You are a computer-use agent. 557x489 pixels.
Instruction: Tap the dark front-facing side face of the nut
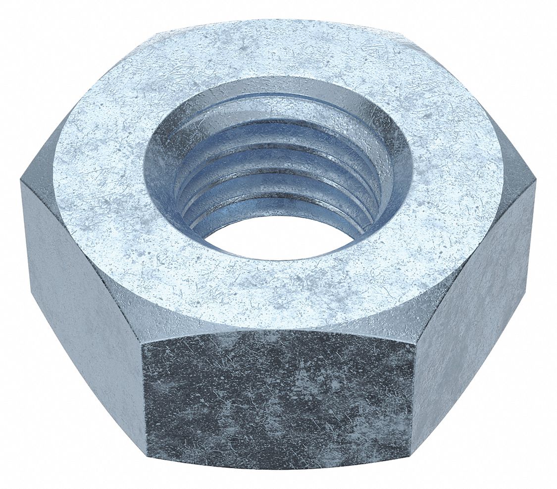click(277, 397)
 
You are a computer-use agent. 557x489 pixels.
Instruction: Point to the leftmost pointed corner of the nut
click(21, 181)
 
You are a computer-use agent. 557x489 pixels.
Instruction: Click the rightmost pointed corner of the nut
click(536, 183)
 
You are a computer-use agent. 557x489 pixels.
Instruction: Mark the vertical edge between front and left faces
click(143, 397)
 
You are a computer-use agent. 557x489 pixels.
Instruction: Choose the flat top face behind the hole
click(277, 50)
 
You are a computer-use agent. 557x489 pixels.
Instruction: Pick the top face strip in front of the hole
click(277, 293)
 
